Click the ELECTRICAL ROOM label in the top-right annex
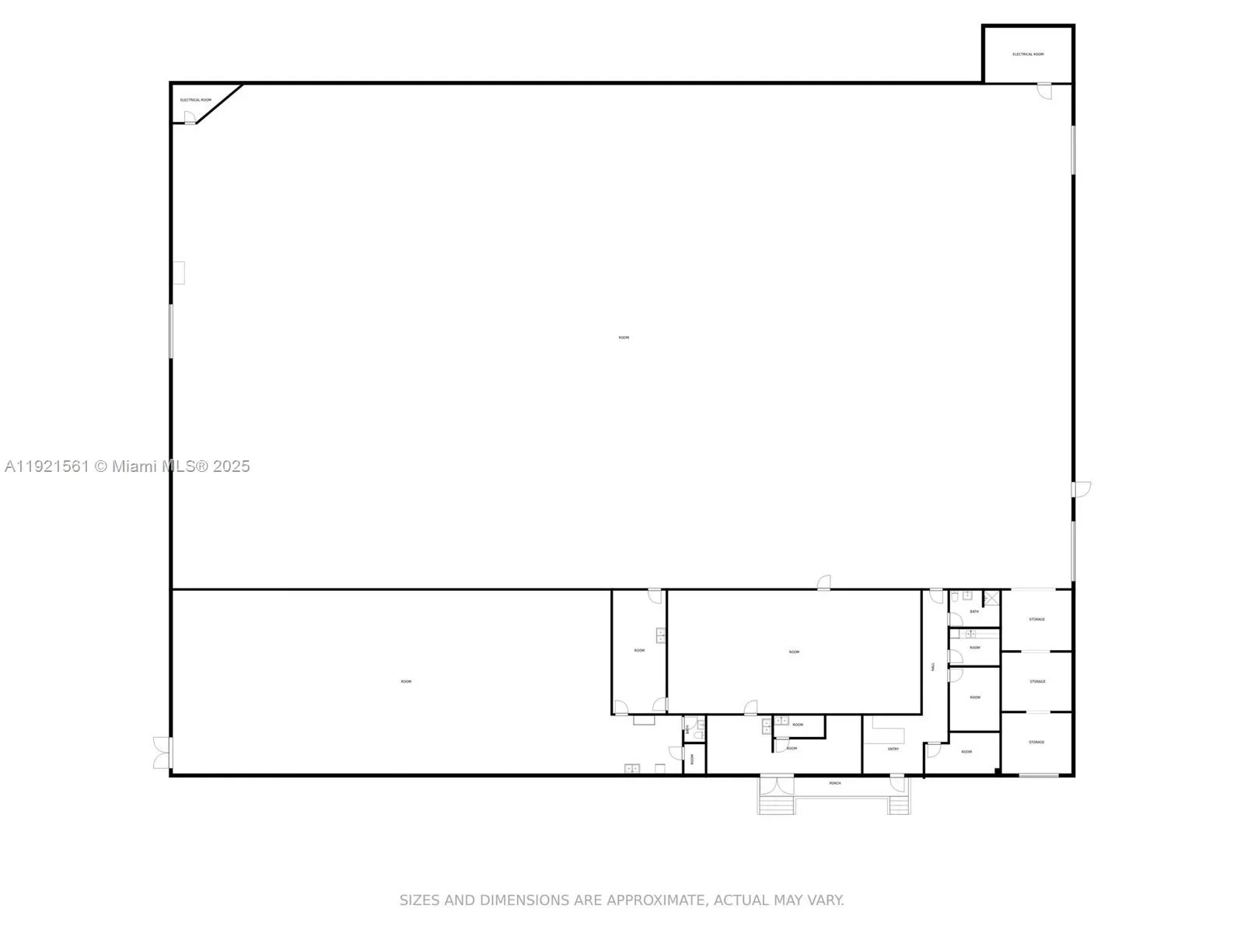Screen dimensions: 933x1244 (x=1028, y=54)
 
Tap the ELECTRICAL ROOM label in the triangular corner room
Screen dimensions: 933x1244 (x=196, y=100)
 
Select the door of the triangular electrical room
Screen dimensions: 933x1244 (x=189, y=117)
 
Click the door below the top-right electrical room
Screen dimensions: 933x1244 (x=1044, y=90)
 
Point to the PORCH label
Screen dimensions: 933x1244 (x=835, y=783)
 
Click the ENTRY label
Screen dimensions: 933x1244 (x=893, y=749)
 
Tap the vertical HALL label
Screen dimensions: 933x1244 (x=934, y=666)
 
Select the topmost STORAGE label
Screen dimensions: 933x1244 (x=1036, y=620)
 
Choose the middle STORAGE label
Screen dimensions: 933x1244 (x=1037, y=682)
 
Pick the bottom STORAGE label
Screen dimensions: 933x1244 (x=1036, y=743)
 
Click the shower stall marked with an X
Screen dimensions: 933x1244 (x=991, y=598)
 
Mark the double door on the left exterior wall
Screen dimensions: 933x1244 (x=162, y=753)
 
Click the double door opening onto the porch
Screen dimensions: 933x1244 (x=777, y=783)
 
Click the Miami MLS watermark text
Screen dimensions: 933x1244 (x=127, y=466)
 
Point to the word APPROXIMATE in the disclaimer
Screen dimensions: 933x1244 (x=655, y=900)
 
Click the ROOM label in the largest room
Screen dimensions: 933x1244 (x=624, y=337)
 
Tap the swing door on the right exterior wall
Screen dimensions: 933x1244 (x=1081, y=489)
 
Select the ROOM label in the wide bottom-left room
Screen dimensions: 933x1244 (x=406, y=682)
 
